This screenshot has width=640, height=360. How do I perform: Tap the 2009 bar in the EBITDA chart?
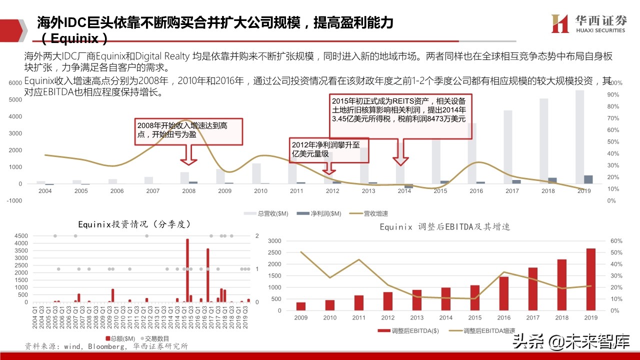300,306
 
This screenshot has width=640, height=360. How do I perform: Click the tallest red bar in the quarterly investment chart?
187,270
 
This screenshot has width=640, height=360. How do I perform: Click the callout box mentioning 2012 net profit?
328,150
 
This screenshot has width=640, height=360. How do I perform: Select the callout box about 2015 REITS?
400,115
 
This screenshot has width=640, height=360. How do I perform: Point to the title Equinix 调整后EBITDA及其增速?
444,227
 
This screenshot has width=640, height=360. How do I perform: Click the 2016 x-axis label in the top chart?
476,191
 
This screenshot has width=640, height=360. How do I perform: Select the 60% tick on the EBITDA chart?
615,241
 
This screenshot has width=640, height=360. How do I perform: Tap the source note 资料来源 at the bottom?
106,346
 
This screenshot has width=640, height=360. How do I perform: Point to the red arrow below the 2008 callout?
188,155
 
